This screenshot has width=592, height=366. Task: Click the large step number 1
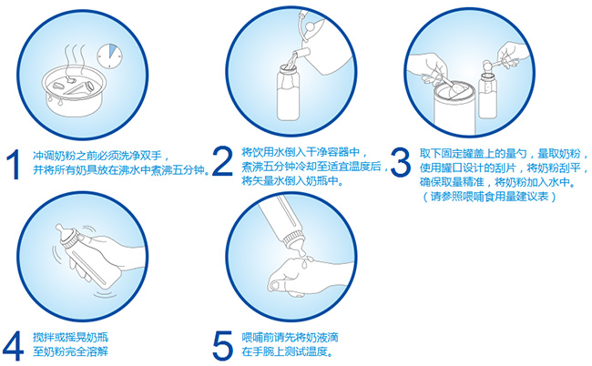14,165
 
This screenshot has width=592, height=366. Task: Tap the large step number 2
223,161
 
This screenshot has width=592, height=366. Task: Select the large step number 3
400,162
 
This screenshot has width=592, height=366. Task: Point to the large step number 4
13,346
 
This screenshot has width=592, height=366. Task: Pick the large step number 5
223,346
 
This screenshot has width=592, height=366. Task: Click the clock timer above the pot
109,56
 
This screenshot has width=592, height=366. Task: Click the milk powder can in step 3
453,108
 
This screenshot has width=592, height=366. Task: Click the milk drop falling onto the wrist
304,263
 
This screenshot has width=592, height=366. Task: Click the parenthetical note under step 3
488,197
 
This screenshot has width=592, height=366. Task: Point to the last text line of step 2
292,181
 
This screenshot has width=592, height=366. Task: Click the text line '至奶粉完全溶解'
71,351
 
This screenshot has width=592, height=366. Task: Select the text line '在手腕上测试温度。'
288,351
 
